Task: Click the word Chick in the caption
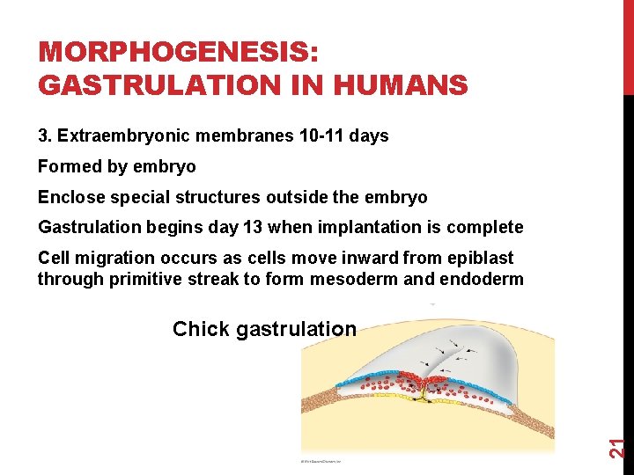click(201, 329)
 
